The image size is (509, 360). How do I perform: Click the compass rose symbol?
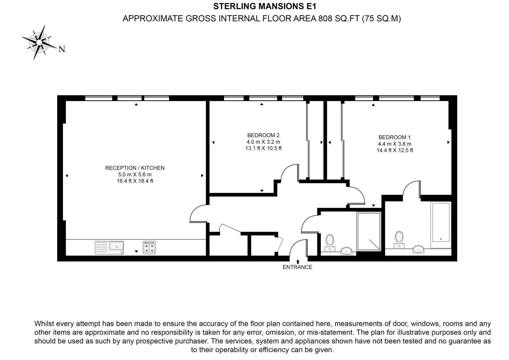(39, 43)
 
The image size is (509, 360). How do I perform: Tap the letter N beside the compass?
(62, 49)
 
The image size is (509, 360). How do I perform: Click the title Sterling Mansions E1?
(265, 6)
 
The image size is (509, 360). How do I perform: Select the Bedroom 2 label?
(263, 135)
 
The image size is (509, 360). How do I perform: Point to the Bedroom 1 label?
(395, 137)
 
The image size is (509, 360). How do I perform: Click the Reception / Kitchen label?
(135, 168)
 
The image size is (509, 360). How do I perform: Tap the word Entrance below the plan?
(297, 267)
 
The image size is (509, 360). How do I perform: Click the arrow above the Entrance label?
(298, 262)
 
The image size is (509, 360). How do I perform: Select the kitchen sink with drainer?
(109, 248)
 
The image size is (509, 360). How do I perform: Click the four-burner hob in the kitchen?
(149, 248)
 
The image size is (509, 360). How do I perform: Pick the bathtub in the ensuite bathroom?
(441, 225)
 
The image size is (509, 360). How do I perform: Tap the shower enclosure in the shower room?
(369, 232)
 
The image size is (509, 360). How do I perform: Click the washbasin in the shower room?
(347, 251)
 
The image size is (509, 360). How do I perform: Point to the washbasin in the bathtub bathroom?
(418, 249)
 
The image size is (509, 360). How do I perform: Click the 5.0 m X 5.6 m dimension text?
(135, 175)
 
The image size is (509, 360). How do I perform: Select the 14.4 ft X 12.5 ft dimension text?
(395, 150)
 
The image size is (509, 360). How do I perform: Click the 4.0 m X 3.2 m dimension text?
(263, 142)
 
